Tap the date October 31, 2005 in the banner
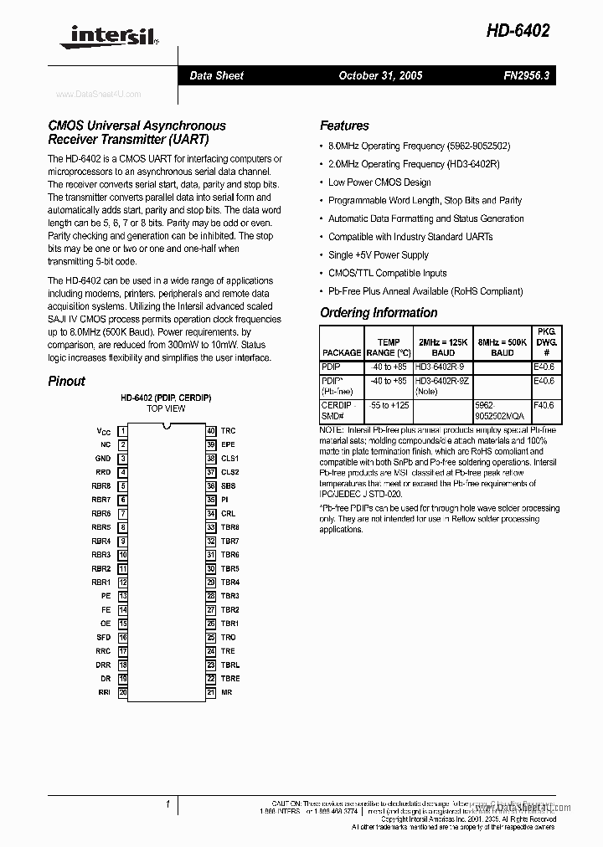(380, 75)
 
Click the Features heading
(344, 126)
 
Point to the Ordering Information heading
(379, 312)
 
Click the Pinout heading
(66, 381)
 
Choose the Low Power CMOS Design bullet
(379, 182)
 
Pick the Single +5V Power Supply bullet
(378, 255)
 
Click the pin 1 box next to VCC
(122, 431)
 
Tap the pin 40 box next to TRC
(211, 431)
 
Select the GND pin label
(102, 459)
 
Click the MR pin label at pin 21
(226, 692)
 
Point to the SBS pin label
(229, 486)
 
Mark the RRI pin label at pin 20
(104, 692)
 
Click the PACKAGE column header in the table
(342, 353)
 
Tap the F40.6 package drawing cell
(544, 405)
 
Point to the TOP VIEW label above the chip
(166, 408)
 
